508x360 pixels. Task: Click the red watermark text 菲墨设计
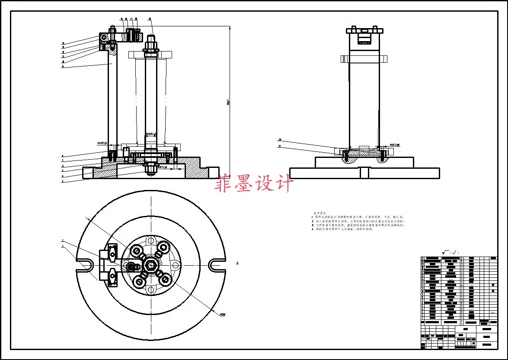[254, 183]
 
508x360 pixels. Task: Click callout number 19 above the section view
[150, 19]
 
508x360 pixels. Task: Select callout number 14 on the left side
[63, 43]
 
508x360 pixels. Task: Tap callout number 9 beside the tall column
[63, 67]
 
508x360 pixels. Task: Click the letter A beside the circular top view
[237, 263]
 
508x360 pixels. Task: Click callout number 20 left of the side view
[280, 140]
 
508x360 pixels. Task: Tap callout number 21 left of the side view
[280, 147]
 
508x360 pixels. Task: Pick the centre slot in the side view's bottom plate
[364, 172]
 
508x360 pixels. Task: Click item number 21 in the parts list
[422, 258]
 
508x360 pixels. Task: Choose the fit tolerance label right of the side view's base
[395, 145]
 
